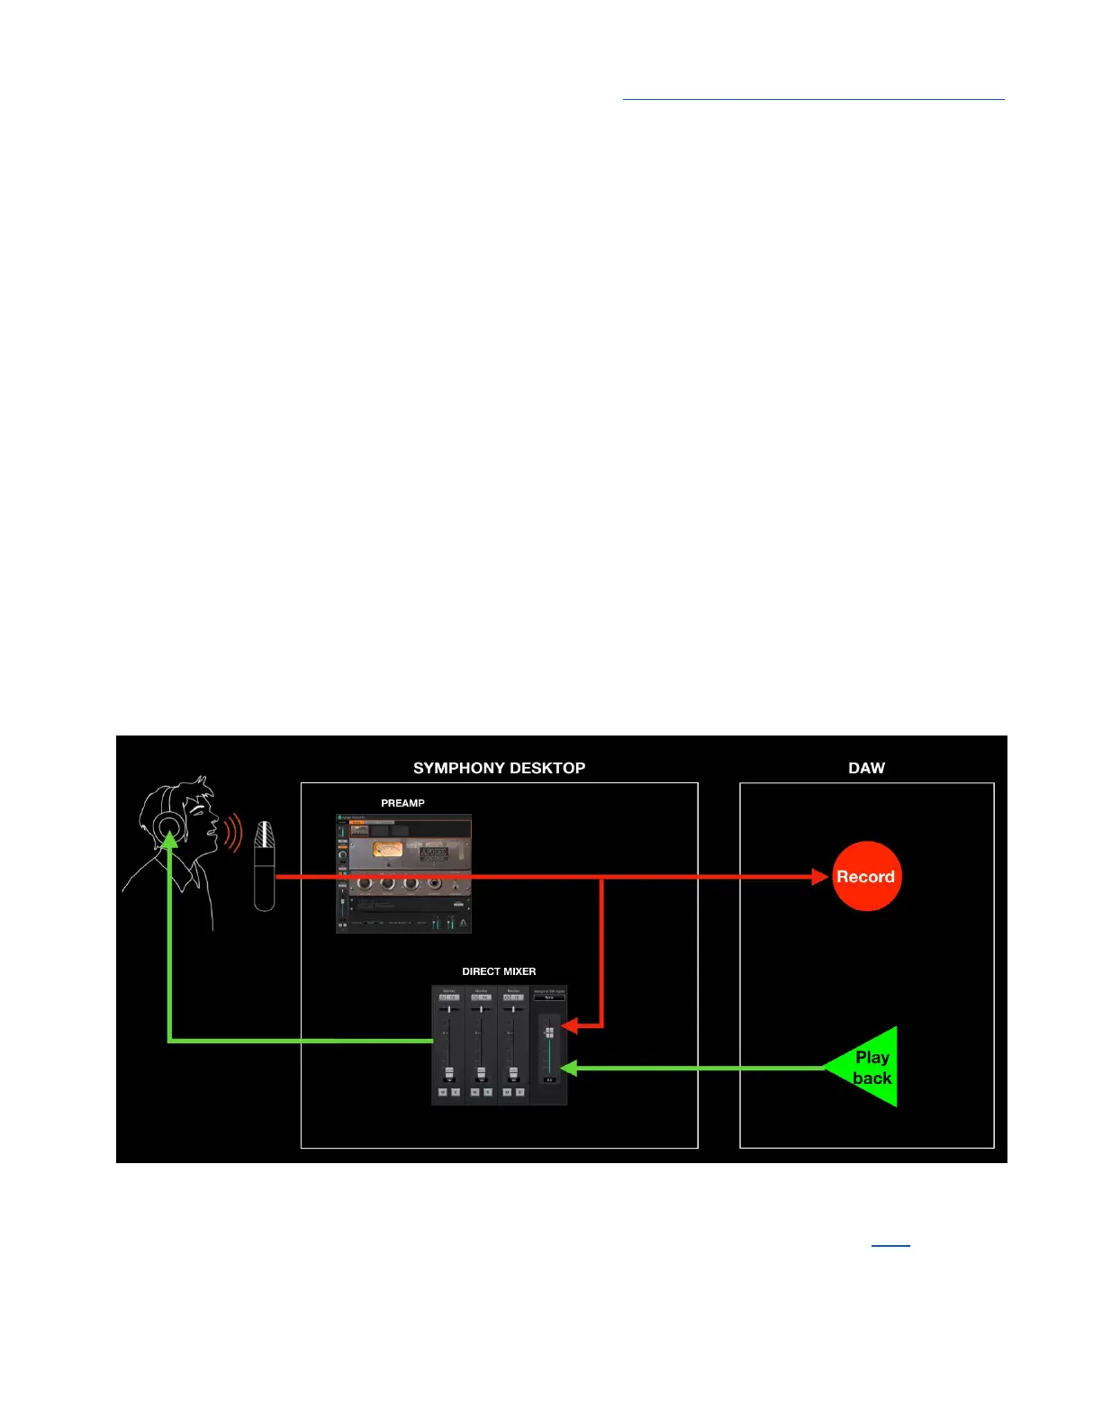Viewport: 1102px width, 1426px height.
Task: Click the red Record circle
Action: [866, 876]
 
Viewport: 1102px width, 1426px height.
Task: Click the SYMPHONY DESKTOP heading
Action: [499, 768]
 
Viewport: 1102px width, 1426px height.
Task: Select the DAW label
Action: [866, 768]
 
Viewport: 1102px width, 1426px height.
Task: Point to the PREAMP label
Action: [402, 803]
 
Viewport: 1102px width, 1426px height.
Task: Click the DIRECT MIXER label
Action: [499, 971]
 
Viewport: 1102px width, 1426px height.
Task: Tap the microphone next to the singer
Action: [264, 864]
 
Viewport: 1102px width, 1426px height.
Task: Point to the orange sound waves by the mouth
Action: [233, 833]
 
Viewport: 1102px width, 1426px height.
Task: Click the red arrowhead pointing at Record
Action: [820, 876]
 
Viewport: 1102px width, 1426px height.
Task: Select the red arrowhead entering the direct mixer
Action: [570, 1025]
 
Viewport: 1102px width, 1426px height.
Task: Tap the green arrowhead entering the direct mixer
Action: [569, 1068]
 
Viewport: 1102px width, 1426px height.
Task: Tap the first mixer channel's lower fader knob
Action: [448, 1072]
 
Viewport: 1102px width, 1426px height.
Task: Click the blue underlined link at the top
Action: [813, 97]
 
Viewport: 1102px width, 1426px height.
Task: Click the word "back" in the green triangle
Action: [872, 1078]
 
